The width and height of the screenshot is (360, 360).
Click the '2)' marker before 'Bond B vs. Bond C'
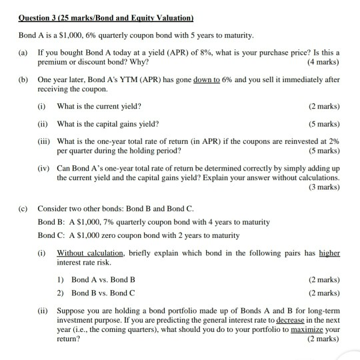tap(62, 293)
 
